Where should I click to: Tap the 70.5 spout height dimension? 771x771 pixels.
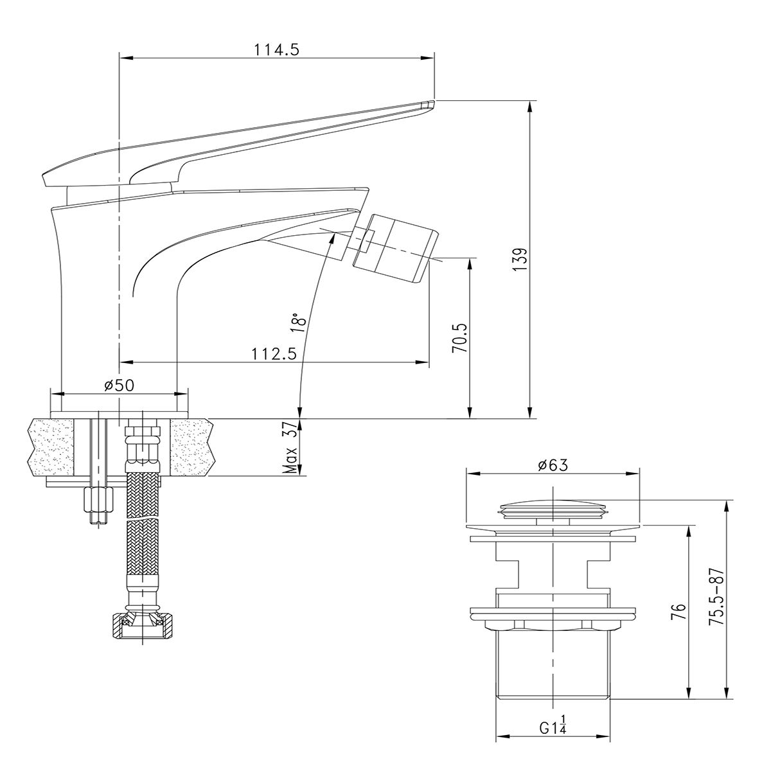point(461,337)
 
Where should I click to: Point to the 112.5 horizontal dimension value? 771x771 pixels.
point(274,354)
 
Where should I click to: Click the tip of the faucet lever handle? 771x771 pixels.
point(427,104)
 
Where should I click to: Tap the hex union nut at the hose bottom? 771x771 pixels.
point(142,625)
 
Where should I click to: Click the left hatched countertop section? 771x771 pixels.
point(51,447)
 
